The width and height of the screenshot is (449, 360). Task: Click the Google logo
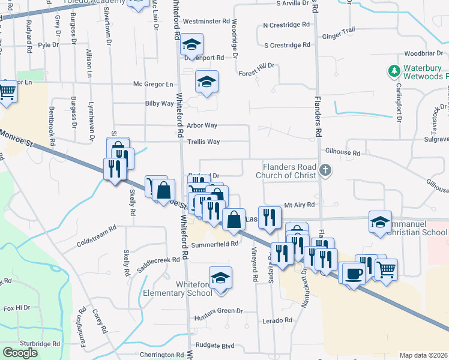pos(20,353)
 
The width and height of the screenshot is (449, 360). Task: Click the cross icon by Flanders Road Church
pos(325,170)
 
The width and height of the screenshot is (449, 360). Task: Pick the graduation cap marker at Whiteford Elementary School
pos(221,278)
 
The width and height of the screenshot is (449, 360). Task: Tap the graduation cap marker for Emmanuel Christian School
pos(380,222)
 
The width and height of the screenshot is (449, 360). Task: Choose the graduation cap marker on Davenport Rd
pos(192,44)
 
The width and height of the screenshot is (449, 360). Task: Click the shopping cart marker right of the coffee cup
pos(385,268)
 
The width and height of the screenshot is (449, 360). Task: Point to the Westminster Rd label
pos(206,21)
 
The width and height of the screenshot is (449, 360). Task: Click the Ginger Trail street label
pos(339,31)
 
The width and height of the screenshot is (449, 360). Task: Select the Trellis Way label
pos(203,142)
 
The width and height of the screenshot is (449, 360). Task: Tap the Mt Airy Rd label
pos(300,205)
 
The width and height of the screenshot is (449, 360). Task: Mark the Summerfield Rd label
pos(216,244)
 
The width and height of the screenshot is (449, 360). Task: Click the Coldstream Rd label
pos(96,238)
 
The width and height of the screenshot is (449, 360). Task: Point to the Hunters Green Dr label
pos(218,311)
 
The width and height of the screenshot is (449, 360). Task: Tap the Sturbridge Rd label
pos(40,344)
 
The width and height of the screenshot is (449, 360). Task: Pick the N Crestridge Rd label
pos(286,26)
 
